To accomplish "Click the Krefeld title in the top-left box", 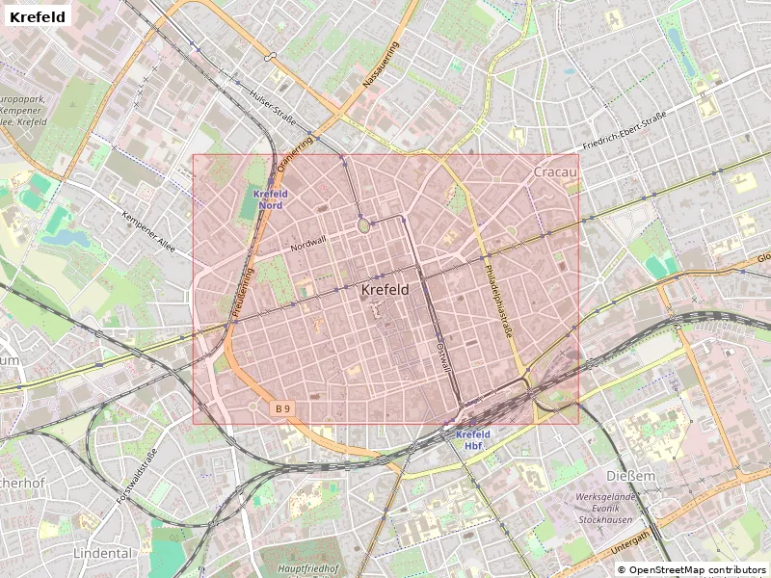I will point(39,17).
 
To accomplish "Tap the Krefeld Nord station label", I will point(270,199).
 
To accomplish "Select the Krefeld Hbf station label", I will point(473,440).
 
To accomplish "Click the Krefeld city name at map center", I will point(385,289).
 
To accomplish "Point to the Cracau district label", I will point(555,171).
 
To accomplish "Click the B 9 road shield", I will point(281,408).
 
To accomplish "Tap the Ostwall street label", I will point(443,355).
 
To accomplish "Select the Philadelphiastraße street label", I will point(499,301).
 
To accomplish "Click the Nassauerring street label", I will point(380,66).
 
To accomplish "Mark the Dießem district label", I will point(630,477).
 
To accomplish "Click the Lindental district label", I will point(102,554).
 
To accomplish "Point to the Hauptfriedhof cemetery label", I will point(308,569).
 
